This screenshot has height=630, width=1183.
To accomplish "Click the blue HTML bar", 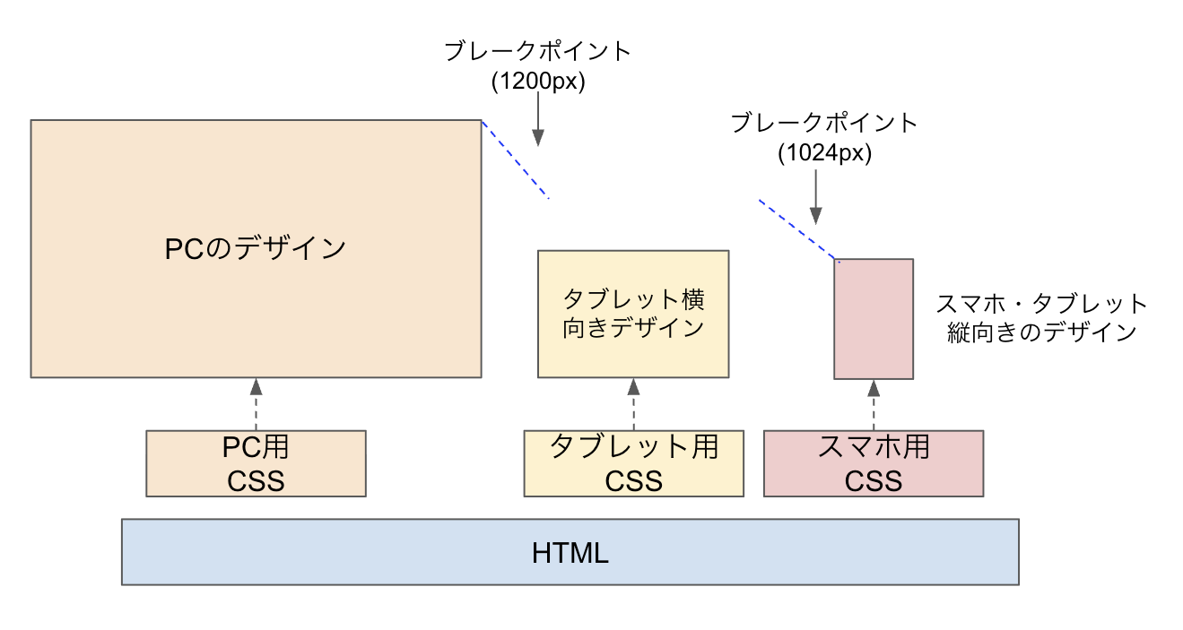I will click(359, 552).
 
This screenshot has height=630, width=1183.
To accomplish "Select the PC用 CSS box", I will click(256, 463).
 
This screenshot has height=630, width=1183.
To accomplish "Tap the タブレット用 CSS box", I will click(633, 463).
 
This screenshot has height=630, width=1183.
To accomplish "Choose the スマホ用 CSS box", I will click(873, 463).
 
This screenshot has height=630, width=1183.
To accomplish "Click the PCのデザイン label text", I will click(256, 248).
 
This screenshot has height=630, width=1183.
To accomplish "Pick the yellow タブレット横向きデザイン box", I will click(633, 314).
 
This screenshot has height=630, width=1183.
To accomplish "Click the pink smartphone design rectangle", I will click(873, 319).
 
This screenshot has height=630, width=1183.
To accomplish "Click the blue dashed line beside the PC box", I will click(515, 160).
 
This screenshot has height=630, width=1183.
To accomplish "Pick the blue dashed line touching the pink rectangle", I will click(798, 230).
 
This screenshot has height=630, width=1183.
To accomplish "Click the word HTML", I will click(570, 553).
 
